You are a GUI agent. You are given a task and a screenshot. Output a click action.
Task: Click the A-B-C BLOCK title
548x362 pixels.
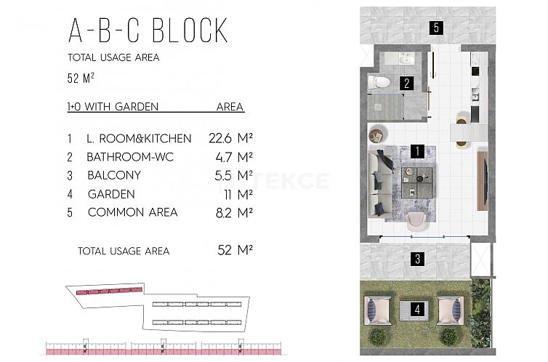pyautogui.click(x=148, y=31)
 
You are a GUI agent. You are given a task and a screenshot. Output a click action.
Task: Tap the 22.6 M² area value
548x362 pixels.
pyautogui.click(x=230, y=138)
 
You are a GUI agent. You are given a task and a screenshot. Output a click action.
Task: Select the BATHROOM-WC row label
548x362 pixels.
pyautogui.click(x=130, y=157)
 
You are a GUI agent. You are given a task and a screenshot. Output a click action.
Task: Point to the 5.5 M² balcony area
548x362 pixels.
pyautogui.click(x=233, y=175)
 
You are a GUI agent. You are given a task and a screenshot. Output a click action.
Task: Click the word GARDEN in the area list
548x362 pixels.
pyautogui.click(x=111, y=194)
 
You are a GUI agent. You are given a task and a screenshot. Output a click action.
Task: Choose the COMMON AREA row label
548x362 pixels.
pyautogui.click(x=133, y=212)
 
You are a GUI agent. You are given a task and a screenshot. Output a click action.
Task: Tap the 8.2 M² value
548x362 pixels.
pyautogui.click(x=234, y=212)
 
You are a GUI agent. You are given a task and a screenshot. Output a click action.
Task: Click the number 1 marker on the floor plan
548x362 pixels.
pyautogui.click(x=417, y=151)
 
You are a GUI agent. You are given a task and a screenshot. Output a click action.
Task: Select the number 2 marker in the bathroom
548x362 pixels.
pyautogui.click(x=406, y=84)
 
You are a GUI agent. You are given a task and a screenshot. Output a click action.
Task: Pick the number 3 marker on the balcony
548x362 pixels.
pyautogui.click(x=418, y=259)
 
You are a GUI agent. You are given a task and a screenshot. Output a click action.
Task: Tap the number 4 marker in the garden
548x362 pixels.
pyautogui.click(x=417, y=309)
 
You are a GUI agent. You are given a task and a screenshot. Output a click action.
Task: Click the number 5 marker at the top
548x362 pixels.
pyautogui.click(x=436, y=27)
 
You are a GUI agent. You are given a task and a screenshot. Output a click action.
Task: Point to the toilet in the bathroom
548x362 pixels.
pyautogui.click(x=379, y=82)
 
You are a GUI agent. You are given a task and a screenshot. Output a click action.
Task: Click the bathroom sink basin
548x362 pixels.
pyautogui.click(x=407, y=59)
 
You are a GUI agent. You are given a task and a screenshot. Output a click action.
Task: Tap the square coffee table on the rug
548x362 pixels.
pyautogui.click(x=417, y=182)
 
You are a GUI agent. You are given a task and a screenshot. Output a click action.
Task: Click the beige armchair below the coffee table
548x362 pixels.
pyautogui.click(x=416, y=221)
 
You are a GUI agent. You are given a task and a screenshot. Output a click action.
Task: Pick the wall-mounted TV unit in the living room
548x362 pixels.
pyautogui.click(x=483, y=180)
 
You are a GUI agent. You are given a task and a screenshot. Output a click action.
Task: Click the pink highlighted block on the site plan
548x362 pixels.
pyautogui.click(x=109, y=291)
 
